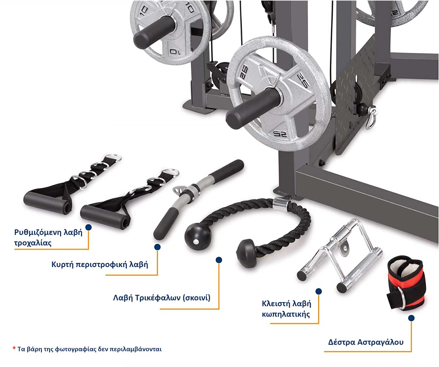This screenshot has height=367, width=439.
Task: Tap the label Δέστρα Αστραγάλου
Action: tap(366, 342)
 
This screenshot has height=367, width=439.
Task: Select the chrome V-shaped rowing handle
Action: tap(339, 255)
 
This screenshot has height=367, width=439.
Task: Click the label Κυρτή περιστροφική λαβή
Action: tap(100, 264)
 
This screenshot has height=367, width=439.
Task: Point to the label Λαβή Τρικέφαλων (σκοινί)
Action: tap(162, 298)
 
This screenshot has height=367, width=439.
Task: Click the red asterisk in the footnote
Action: tap(14, 348)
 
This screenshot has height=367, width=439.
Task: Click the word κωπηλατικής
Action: tap(286, 314)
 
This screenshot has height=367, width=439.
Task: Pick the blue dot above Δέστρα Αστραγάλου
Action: tap(411, 318)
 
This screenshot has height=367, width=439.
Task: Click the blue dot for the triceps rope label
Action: tap(219, 260)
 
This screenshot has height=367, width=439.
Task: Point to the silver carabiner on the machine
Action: tap(371, 118)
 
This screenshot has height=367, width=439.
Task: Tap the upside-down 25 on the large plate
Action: tap(279, 134)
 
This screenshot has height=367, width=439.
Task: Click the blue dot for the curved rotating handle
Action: tap(157, 247)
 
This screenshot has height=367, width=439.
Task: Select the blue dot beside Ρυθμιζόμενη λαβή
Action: tap(88, 227)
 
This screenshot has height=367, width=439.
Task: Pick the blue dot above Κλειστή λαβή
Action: tap(318, 291)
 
